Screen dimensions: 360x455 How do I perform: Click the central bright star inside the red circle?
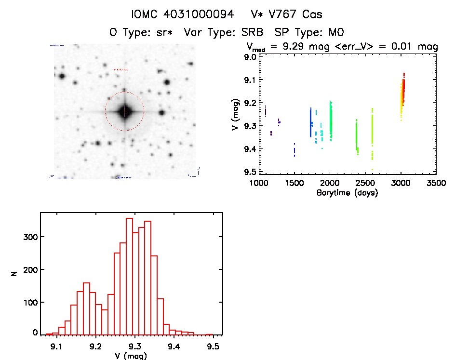[125, 111]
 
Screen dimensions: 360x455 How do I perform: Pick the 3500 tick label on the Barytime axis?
[436, 183]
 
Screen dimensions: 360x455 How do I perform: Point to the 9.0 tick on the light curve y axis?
[249, 57]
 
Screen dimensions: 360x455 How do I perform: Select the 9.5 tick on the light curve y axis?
[249, 172]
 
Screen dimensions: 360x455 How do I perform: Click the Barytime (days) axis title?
[347, 193]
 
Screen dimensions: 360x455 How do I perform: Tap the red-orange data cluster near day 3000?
[403, 92]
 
